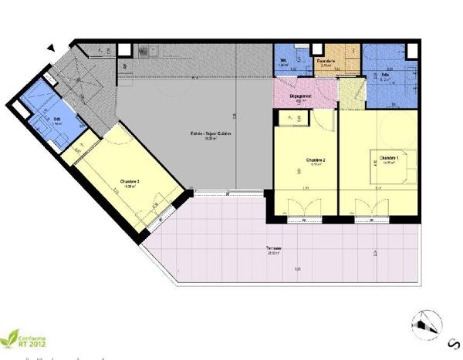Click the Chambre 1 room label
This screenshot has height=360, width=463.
point(388,158)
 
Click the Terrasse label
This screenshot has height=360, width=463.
point(275,248)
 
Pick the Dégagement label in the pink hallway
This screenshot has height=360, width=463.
point(299,96)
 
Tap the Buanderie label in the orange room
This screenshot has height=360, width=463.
point(325,62)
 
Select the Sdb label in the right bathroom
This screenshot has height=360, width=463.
point(385,75)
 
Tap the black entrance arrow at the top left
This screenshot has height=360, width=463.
point(51,48)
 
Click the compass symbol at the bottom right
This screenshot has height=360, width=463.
point(429,325)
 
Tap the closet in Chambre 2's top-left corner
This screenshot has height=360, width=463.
point(293,118)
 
